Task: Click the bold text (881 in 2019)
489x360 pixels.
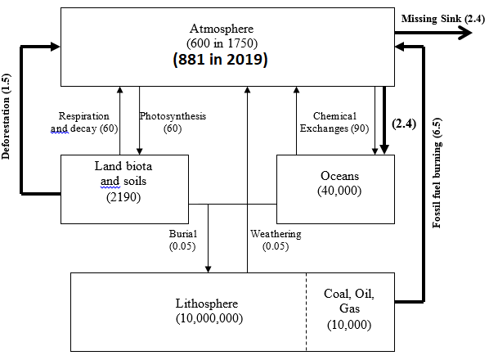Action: tap(221, 59)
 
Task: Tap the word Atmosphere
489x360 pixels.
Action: tap(222, 29)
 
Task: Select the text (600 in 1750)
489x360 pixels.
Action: tap(222, 43)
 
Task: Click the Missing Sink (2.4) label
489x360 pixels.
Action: tap(443, 19)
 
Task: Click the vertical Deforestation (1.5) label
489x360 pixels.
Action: tap(6, 116)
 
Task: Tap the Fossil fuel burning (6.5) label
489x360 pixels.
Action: tap(437, 173)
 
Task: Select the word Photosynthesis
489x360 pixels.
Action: tap(173, 116)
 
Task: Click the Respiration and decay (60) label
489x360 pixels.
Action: tap(84, 122)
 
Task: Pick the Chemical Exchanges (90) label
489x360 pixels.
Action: tap(334, 122)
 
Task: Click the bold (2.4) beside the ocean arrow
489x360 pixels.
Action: tap(404, 124)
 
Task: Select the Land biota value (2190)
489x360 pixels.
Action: tap(123, 197)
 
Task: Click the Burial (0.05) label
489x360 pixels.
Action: tap(182, 240)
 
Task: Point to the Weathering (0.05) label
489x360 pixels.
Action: tap(276, 240)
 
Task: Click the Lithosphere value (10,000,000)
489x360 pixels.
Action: tap(209, 318)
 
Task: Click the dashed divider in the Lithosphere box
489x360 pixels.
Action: tap(307, 312)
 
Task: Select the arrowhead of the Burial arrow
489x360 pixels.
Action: tap(208, 269)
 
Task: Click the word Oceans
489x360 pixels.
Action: tap(339, 176)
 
